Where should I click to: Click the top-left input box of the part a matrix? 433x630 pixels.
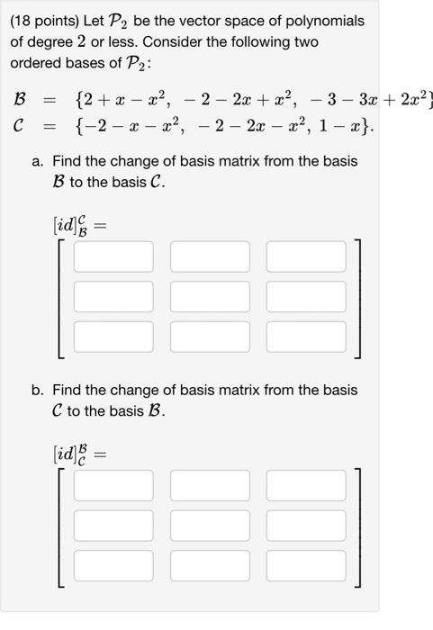(x=113, y=256)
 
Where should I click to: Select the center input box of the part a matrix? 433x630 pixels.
(x=210, y=296)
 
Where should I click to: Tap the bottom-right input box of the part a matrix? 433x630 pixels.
(x=306, y=337)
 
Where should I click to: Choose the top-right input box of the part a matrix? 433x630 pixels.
(x=306, y=256)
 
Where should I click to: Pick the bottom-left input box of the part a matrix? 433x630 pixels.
(x=113, y=337)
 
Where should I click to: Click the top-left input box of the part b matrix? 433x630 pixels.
(x=113, y=485)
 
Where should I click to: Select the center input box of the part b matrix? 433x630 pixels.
(x=210, y=525)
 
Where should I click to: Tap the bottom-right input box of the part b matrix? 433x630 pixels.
(x=306, y=565)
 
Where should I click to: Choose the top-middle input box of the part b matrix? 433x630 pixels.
(x=210, y=485)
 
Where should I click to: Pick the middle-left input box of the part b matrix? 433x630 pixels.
(x=113, y=525)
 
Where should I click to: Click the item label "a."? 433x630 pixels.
(x=38, y=161)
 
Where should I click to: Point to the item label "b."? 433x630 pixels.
(x=38, y=391)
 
